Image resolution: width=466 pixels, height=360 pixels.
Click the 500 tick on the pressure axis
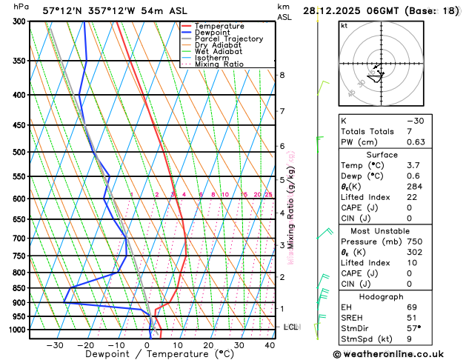(x=18, y=152)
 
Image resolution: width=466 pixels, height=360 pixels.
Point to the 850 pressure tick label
(x=18, y=288)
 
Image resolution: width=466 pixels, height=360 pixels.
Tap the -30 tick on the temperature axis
(x=55, y=345)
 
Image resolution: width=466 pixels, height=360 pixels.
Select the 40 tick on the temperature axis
(x=270, y=345)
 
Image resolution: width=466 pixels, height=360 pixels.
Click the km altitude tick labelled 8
(x=282, y=75)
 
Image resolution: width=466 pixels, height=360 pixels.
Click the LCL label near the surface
(x=291, y=327)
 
